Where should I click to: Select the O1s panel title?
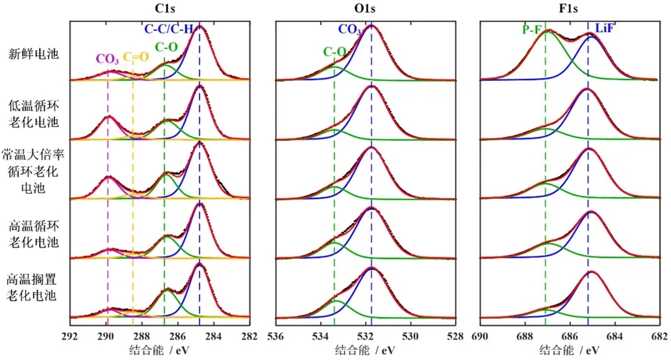pyautogui.click(x=370, y=9)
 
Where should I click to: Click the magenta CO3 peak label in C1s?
pyautogui.click(x=107, y=59)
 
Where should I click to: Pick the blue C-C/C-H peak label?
pyautogui.click(x=178, y=28)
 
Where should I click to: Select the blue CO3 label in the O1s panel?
pyautogui.click(x=350, y=28)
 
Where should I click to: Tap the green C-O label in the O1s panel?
pyautogui.click(x=334, y=52)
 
